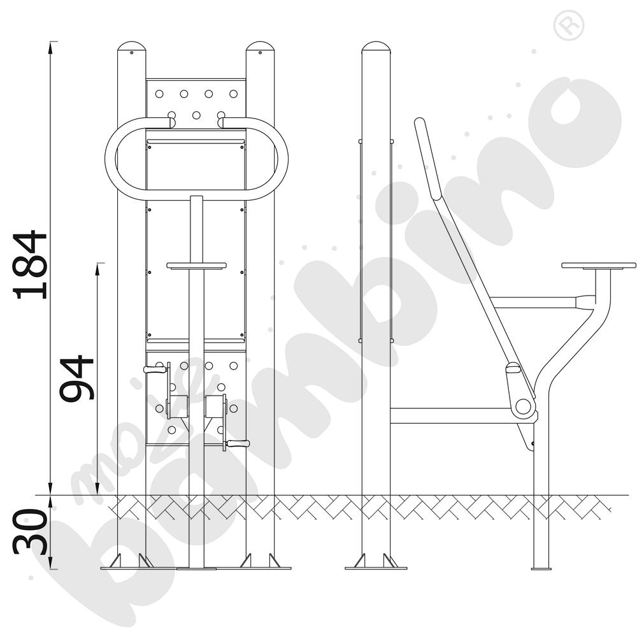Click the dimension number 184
click(x=30, y=265)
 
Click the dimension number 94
click(x=76, y=378)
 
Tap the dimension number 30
click(x=30, y=532)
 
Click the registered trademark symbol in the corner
click(x=569, y=25)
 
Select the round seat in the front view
click(x=197, y=266)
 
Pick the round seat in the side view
click(x=599, y=265)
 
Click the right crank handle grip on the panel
click(x=238, y=443)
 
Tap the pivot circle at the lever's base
click(x=523, y=406)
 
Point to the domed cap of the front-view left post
click(x=131, y=46)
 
